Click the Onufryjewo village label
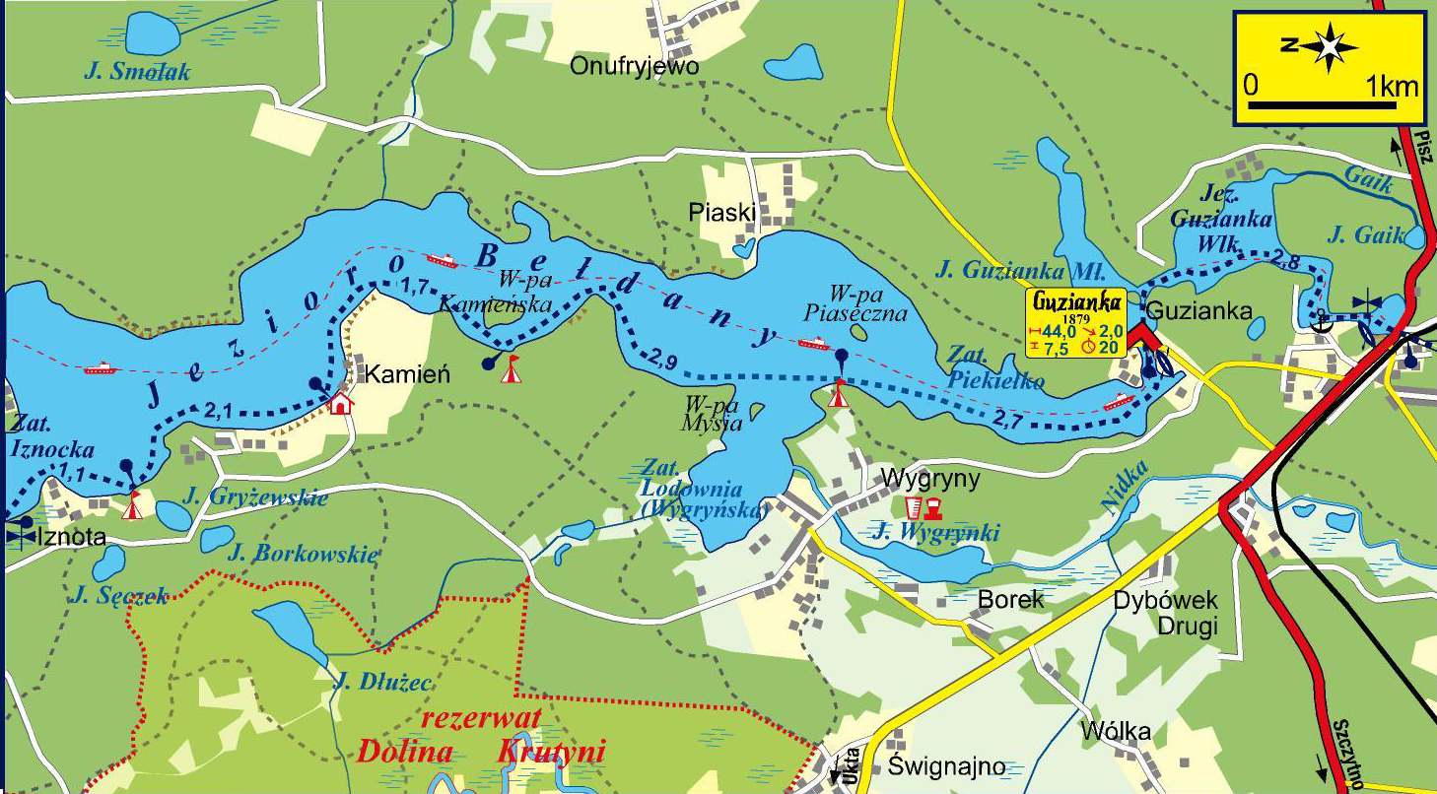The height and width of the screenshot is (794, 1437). tap(634, 66)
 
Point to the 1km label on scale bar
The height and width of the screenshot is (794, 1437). tap(1393, 86)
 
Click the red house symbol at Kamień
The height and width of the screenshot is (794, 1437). tap(340, 403)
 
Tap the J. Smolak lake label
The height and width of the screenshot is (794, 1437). tap(137, 72)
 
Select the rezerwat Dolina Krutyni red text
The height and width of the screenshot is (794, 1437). tap(480, 736)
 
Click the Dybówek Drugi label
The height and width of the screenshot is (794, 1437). tap(1166, 613)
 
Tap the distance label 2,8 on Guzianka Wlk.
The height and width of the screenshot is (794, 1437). tap(1287, 260)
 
